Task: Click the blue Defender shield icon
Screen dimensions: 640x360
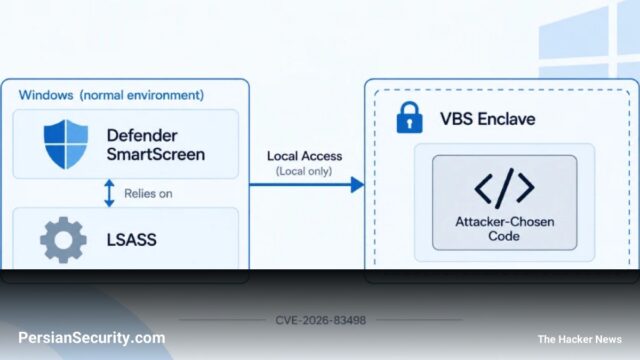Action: [x=66, y=144]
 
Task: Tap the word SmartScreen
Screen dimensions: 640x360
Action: [x=156, y=154]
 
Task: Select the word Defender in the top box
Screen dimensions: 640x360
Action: [x=142, y=136]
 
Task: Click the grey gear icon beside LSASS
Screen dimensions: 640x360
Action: [x=63, y=240]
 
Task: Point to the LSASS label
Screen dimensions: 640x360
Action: [x=131, y=240]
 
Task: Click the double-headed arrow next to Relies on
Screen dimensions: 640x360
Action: [x=109, y=193]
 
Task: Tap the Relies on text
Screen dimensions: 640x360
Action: [x=148, y=193]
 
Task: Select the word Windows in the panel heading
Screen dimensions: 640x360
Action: [x=46, y=95]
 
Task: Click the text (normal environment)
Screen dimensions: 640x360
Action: [x=142, y=95]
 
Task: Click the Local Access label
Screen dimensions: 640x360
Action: [x=304, y=156]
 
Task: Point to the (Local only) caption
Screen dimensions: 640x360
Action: [x=304, y=171]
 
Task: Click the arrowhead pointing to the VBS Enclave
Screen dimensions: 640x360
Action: [x=357, y=185]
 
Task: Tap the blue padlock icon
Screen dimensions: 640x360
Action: [x=409, y=118]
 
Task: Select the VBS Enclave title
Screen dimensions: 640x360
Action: [x=487, y=119]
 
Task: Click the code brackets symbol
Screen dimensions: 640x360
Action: [x=504, y=187]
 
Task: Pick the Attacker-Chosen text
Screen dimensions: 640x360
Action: [x=504, y=222]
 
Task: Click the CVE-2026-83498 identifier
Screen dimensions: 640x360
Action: [x=320, y=320]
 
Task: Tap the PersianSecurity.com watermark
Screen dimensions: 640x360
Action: [x=92, y=338]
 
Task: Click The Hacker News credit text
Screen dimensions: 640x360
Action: [x=580, y=339]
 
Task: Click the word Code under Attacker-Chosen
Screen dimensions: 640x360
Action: [x=504, y=236]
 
